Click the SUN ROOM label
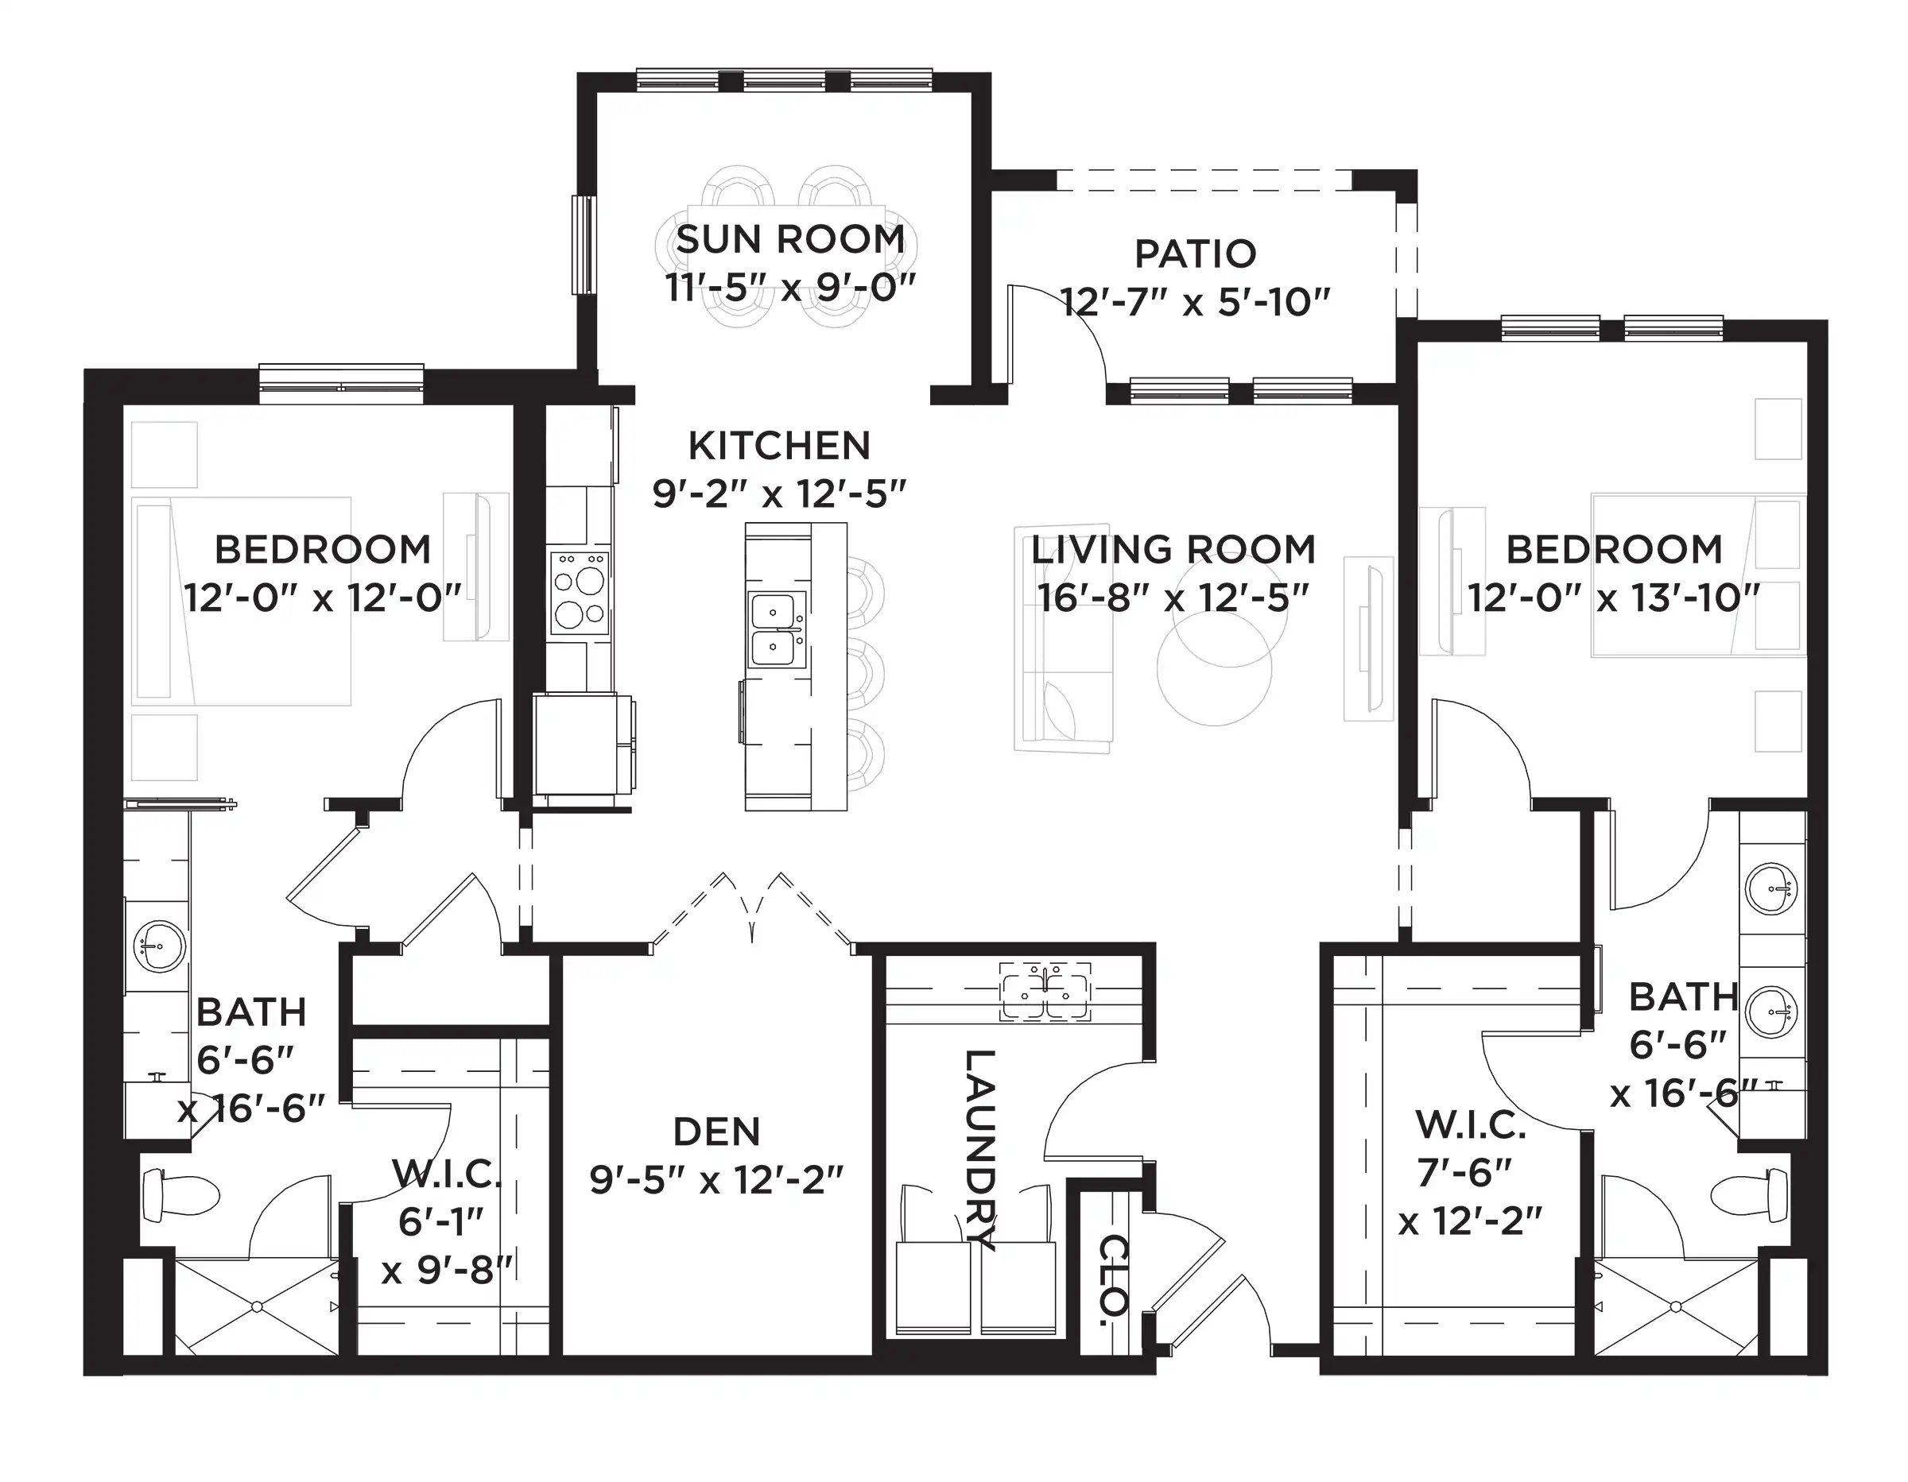pyautogui.click(x=791, y=239)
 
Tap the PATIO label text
pyautogui.click(x=1195, y=254)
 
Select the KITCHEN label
pyautogui.click(x=779, y=447)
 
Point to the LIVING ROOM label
pyautogui.click(x=1173, y=550)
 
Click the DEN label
pyautogui.click(x=716, y=1132)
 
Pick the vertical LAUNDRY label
pyautogui.click(x=979, y=1149)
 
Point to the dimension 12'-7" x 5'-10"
pyautogui.click(x=1195, y=303)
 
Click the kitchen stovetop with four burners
pyautogui.click(x=580, y=592)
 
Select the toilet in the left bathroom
pyautogui.click(x=179, y=1196)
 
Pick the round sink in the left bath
pyautogui.click(x=160, y=946)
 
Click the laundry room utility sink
pyautogui.click(x=1045, y=991)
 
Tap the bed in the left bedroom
pyautogui.click(x=242, y=602)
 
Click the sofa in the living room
pyautogui.click(x=1063, y=638)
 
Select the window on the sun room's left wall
pyautogui.click(x=582, y=245)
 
